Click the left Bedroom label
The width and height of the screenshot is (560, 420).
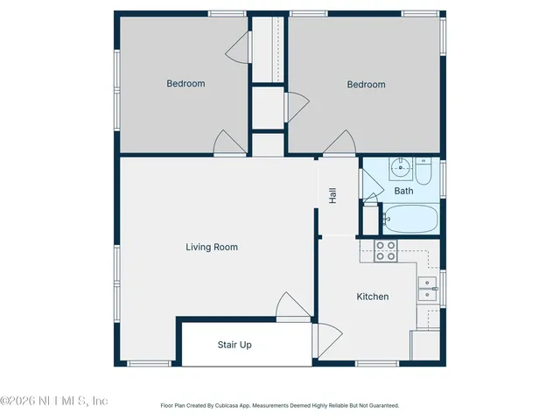[185, 84]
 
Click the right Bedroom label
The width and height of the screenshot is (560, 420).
[366, 85]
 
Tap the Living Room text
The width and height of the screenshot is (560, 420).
[212, 248]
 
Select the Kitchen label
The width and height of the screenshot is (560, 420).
[372, 297]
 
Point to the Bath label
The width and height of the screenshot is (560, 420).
[403, 191]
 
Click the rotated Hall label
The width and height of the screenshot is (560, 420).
[332, 196]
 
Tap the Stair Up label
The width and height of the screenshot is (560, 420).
[234, 345]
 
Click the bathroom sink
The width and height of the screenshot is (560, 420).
[402, 166]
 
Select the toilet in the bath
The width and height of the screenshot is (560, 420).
[423, 171]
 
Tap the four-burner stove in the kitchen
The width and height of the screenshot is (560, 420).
[386, 251]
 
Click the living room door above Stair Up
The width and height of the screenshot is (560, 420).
[292, 306]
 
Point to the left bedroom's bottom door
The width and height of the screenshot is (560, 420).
[229, 143]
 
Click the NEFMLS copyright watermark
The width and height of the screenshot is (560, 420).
[54, 401]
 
